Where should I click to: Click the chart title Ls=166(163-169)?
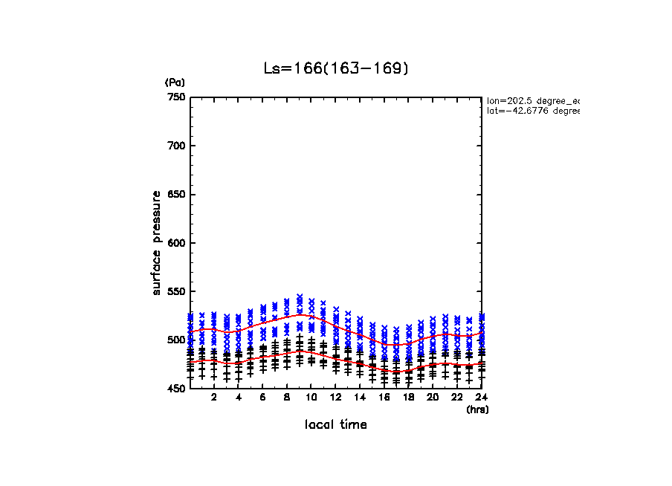(336, 68)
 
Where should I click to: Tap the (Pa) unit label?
(175, 82)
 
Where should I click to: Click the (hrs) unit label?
(476, 409)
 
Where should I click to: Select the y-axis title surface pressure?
(157, 242)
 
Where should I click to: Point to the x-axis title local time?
(335, 425)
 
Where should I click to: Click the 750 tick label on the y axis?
(176, 97)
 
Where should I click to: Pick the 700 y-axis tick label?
(176, 146)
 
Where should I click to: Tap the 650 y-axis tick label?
(176, 195)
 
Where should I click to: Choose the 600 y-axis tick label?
(176, 243)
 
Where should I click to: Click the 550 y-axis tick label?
(176, 291)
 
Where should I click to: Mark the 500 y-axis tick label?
(176, 340)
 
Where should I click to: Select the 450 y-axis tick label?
(176, 389)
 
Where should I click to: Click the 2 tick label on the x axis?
(214, 398)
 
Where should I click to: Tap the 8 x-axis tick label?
(287, 398)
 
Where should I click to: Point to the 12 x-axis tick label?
(335, 398)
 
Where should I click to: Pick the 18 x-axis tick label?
(408, 398)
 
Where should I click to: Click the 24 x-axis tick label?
(481, 398)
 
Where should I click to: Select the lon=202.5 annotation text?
(532, 100)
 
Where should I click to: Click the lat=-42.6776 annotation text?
(532, 111)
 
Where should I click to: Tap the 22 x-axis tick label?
(456, 398)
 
